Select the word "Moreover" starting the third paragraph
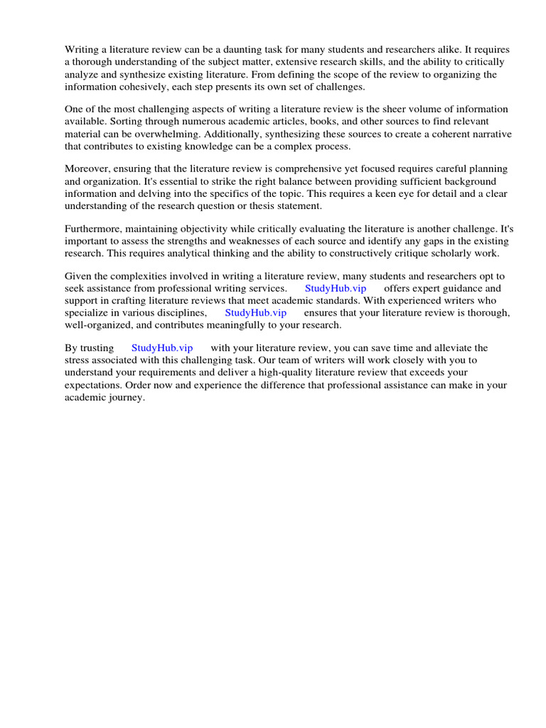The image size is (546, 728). coord(88,169)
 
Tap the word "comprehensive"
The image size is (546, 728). coord(293,169)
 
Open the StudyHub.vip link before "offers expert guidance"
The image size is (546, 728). coord(336,289)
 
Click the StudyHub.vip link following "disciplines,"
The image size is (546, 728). coord(255,313)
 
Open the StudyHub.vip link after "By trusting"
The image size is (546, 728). coord(162,348)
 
